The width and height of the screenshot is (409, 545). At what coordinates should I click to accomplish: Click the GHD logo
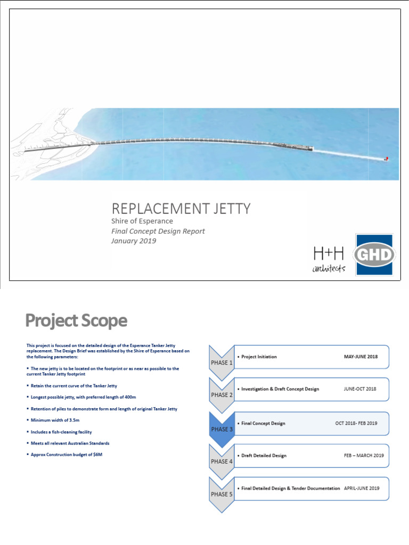[x=374, y=255]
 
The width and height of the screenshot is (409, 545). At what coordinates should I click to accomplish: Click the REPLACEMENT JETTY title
[x=180, y=209]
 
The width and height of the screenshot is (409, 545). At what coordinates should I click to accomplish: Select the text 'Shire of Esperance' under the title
[x=142, y=221]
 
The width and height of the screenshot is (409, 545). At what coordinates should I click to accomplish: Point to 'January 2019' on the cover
[x=134, y=241]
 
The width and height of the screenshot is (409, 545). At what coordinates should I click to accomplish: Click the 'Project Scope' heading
[x=77, y=321]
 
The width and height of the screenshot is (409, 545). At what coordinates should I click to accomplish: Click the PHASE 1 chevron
[x=222, y=362]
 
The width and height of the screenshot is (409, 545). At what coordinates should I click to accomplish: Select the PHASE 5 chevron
[x=222, y=493]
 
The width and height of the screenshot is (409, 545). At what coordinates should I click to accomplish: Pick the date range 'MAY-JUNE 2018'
[x=361, y=357]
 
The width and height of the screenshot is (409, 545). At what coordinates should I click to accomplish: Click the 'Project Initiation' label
[x=259, y=357]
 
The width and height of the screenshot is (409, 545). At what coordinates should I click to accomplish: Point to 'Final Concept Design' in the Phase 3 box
[x=263, y=424]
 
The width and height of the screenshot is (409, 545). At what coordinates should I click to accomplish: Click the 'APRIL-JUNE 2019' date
[x=361, y=488]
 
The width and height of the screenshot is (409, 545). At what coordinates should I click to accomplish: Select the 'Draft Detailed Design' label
[x=264, y=456]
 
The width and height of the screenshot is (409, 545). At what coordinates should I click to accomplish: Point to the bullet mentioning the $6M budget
[x=67, y=455]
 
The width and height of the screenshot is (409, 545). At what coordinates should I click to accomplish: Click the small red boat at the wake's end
[x=386, y=159]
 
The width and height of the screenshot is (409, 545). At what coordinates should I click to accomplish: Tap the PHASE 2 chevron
[x=222, y=394]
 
